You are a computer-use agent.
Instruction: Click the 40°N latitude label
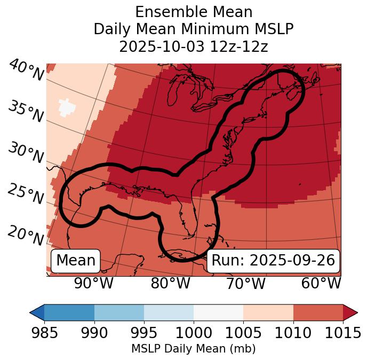(26, 71)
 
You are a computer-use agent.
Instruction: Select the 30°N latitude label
(26, 153)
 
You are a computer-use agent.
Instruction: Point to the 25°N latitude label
(26, 194)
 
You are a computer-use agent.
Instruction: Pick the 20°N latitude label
(26, 235)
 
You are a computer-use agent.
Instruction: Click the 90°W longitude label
(93, 283)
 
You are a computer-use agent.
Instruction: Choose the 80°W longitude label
(170, 283)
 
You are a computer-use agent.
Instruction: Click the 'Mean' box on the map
(76, 261)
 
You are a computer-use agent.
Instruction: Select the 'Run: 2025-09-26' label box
(273, 261)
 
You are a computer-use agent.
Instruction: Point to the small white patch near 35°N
(67, 107)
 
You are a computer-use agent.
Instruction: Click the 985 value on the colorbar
(44, 333)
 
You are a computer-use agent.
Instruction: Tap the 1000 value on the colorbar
(194, 333)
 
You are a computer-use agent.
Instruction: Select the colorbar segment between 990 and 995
(119, 312)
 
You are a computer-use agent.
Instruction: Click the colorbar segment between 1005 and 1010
(268, 312)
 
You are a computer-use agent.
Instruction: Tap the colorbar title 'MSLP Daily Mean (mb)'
(193, 349)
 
